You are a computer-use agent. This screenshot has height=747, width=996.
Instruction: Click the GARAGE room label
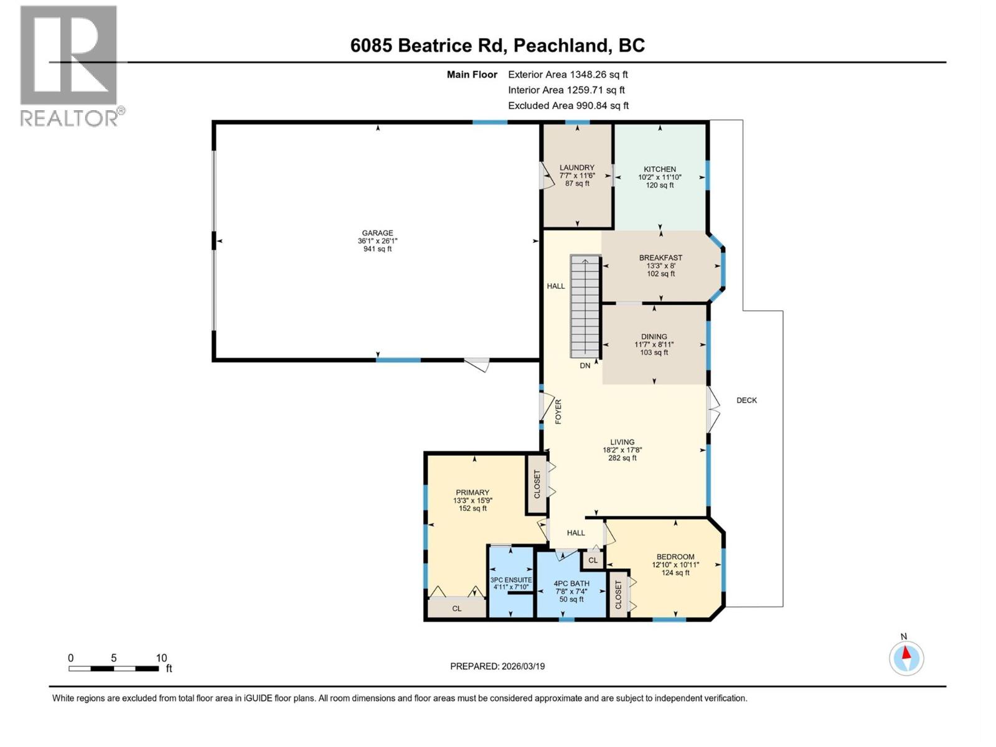377,233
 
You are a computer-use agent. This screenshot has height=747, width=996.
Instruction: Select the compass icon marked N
906,657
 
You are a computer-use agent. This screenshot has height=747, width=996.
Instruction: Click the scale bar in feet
113,669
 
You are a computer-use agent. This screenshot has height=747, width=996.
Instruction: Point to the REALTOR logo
69,65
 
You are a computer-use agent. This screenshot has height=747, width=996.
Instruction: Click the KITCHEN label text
660,169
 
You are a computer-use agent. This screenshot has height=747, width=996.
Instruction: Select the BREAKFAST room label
660,258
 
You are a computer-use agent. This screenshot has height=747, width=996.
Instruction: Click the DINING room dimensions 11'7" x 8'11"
654,344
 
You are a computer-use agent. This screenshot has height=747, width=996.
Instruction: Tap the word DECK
746,400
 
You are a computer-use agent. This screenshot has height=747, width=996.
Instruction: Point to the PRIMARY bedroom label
472,492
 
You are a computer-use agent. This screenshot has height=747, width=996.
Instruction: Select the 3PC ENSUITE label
511,580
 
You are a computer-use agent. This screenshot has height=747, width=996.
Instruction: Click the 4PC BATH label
571,584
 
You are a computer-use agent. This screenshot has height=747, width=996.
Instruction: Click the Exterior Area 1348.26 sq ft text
568,74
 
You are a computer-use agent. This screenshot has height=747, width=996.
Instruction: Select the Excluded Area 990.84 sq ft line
568,105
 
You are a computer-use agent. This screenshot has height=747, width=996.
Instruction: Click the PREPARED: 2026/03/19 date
497,666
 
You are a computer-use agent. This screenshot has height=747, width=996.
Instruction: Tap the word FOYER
558,411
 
